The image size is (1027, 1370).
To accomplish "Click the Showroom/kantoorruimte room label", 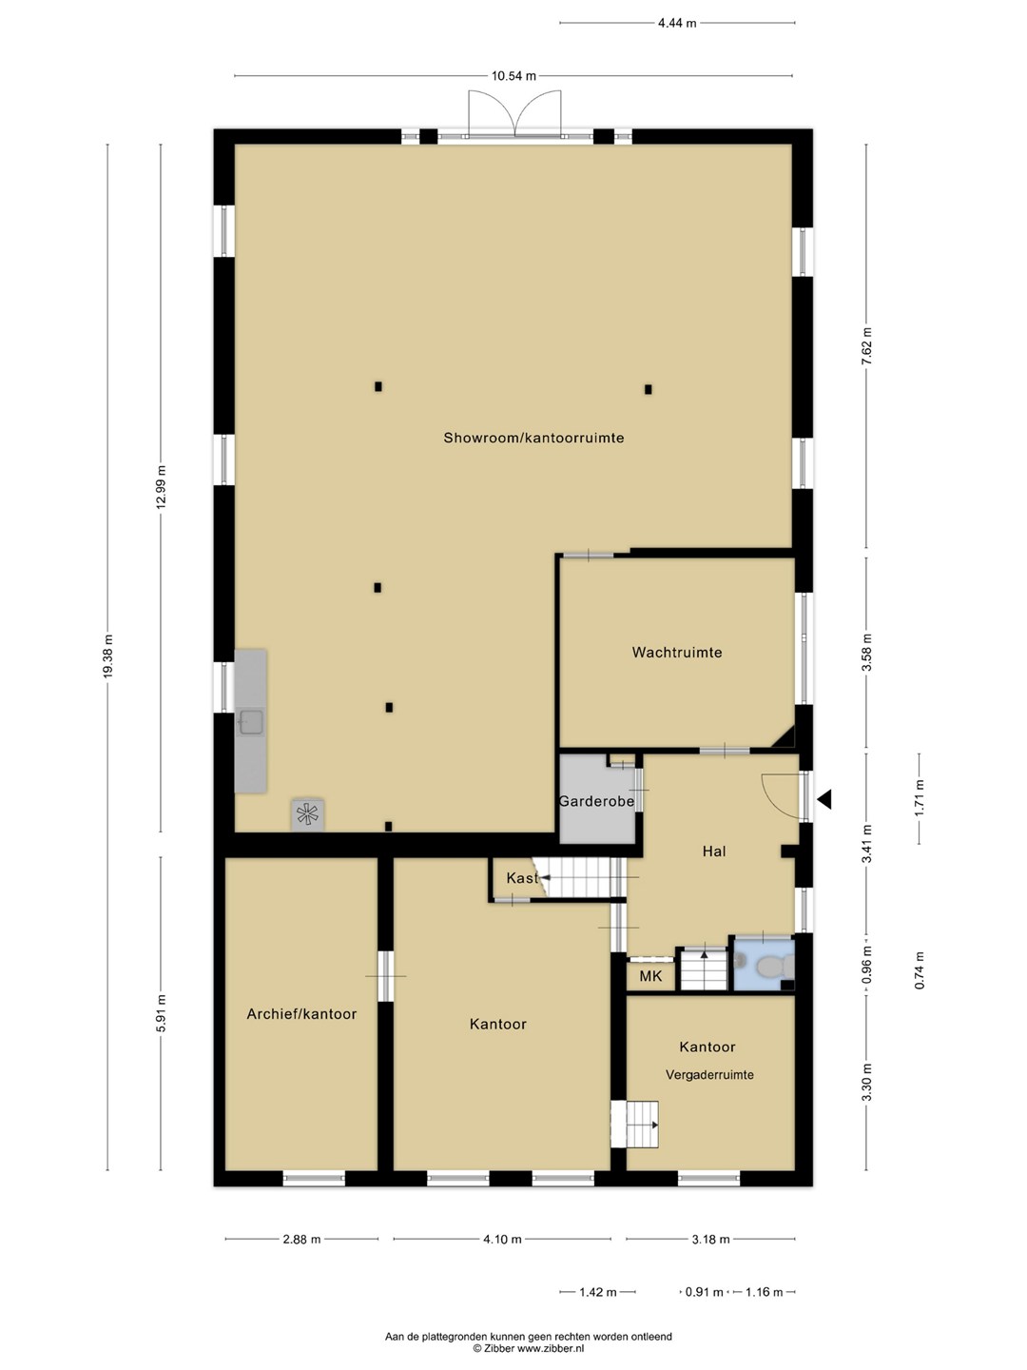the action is (x=533, y=439).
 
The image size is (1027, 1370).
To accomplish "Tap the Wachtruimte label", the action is (x=676, y=653).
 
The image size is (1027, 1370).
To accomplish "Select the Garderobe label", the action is (x=596, y=801).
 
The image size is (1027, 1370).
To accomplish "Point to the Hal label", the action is (x=714, y=851).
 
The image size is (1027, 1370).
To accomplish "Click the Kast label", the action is (x=522, y=878).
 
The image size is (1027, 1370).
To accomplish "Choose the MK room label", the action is (x=650, y=976).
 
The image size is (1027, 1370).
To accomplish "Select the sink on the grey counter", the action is (x=250, y=723).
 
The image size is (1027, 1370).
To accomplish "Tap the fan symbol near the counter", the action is (x=307, y=813).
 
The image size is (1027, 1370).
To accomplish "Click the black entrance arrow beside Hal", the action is (x=824, y=799).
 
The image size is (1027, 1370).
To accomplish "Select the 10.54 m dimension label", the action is (x=513, y=76).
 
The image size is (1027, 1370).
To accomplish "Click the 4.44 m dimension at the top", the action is (x=677, y=23).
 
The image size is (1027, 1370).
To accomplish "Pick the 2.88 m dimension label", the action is (x=301, y=1240).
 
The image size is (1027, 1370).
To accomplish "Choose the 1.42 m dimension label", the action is (x=598, y=1292).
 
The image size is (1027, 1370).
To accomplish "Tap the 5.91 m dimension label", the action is (x=161, y=1030).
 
